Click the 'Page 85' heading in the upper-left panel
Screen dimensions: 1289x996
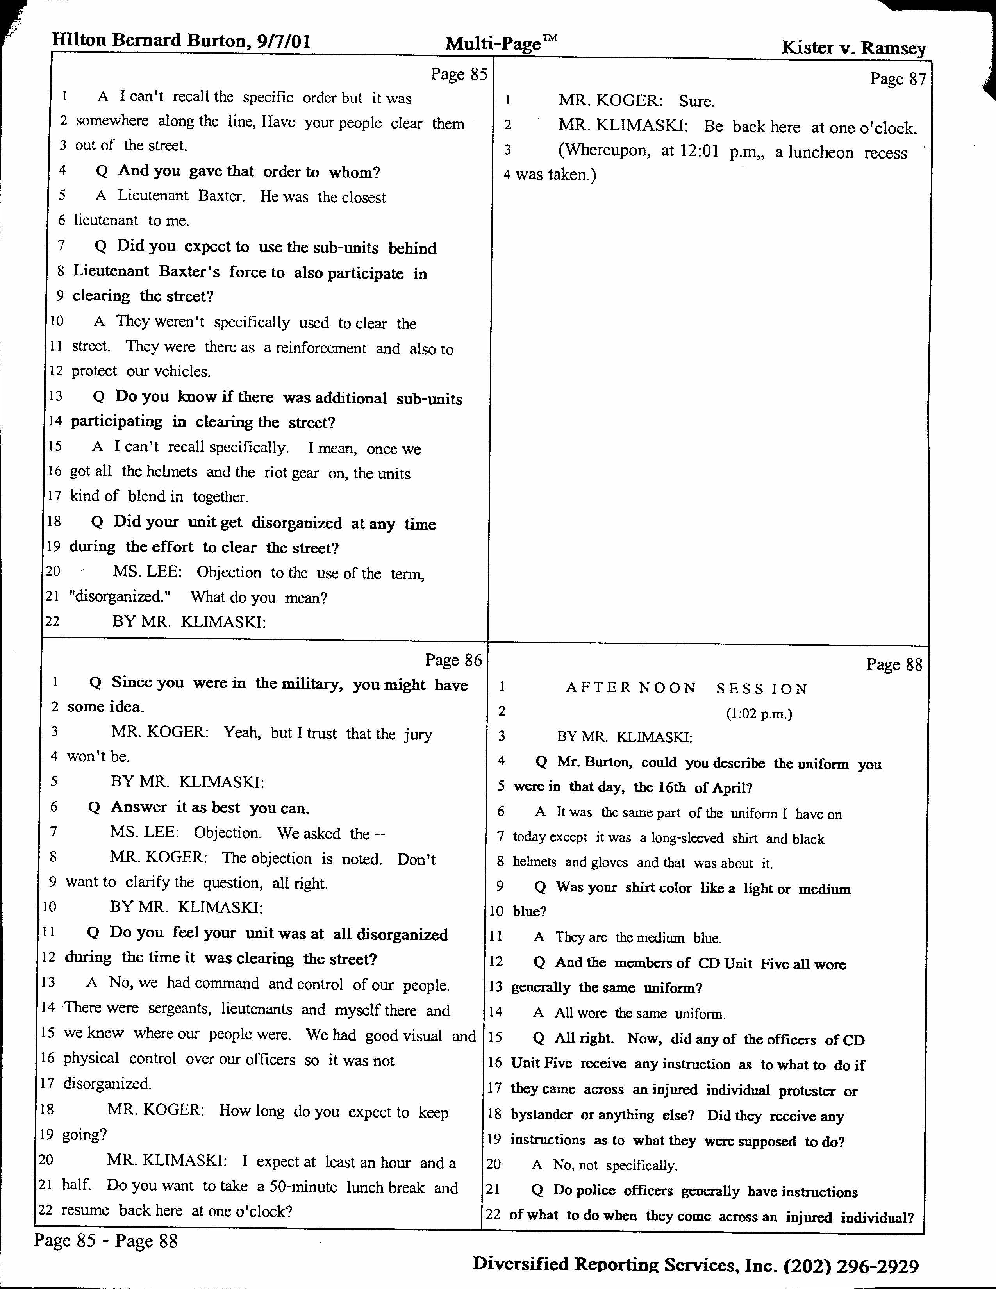click(459, 74)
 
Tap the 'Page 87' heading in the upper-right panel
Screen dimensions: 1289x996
click(898, 79)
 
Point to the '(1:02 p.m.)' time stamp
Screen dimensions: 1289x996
click(759, 714)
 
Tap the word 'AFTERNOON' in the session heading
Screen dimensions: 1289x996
click(631, 688)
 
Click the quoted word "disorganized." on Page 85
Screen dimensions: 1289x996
click(120, 597)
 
